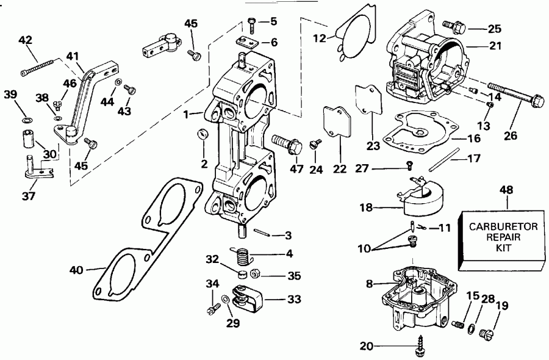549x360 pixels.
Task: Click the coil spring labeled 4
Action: (x=242, y=251)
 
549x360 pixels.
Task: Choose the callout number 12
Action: (x=319, y=38)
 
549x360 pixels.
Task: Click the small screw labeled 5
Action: (x=253, y=24)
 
